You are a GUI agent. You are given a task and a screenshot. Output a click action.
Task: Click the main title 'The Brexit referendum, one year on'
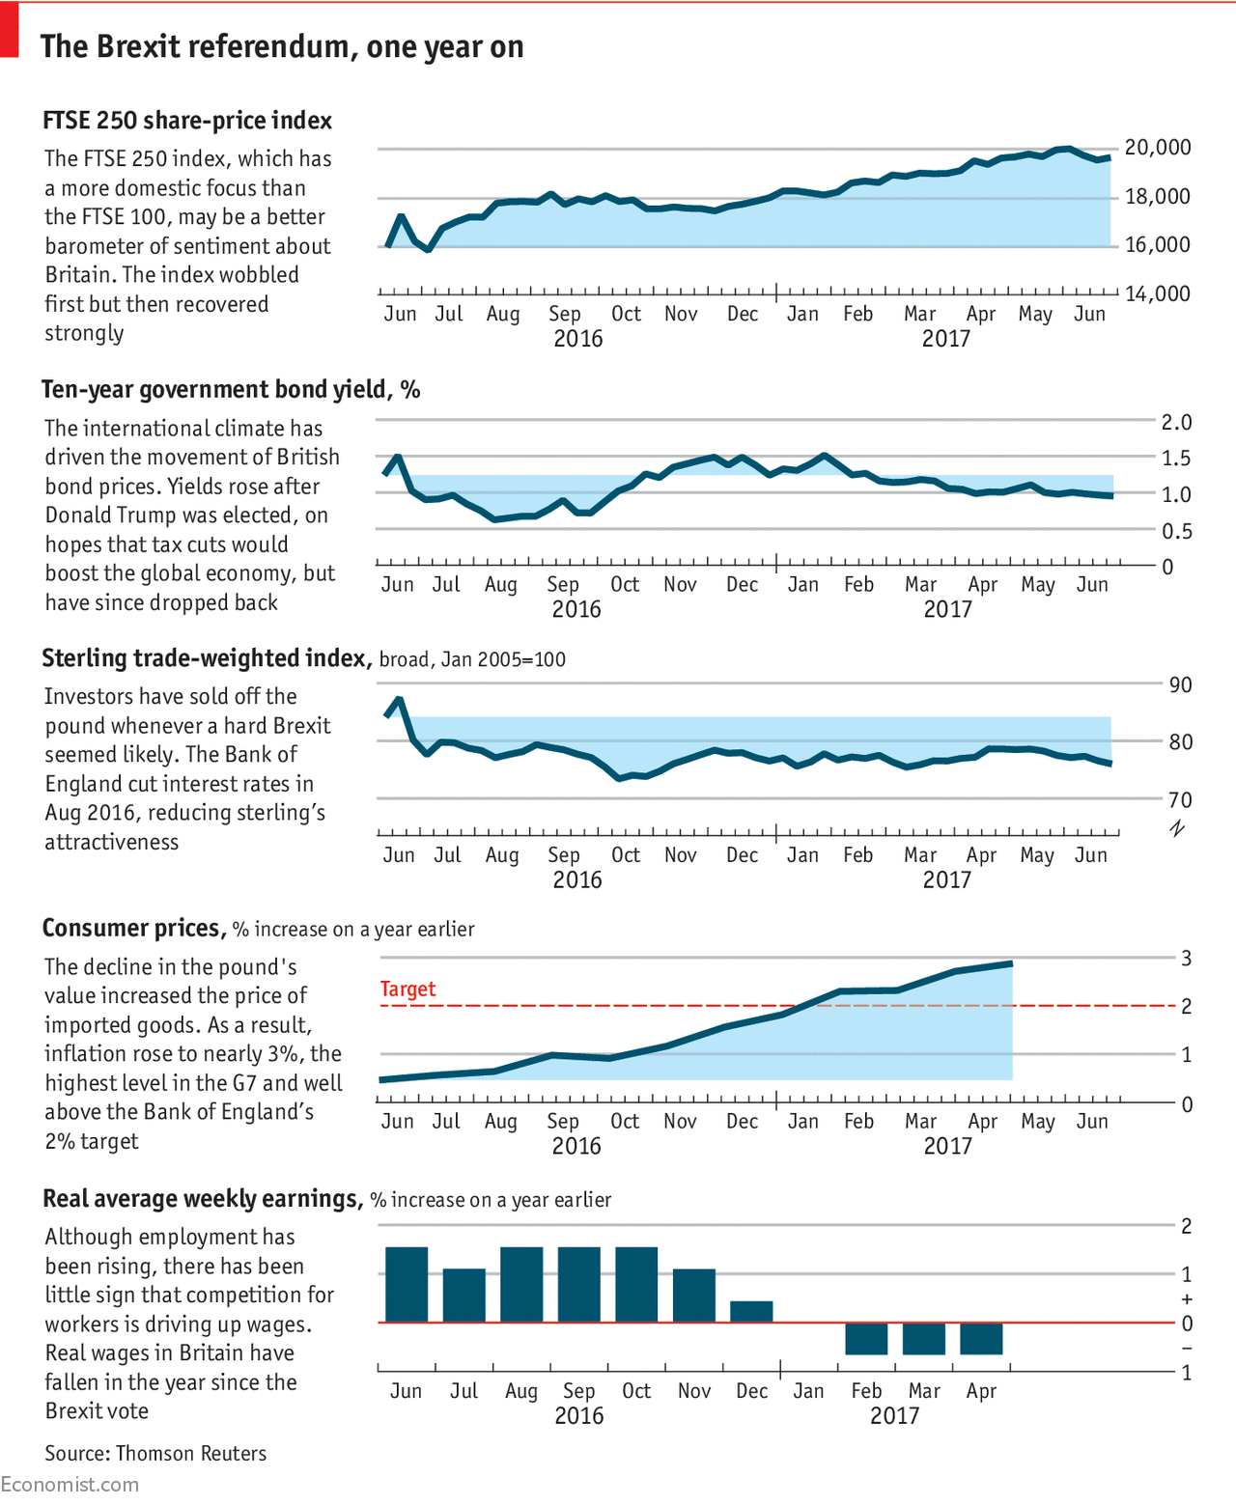(x=282, y=46)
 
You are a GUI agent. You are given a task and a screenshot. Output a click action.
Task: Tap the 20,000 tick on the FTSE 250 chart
(x=1158, y=148)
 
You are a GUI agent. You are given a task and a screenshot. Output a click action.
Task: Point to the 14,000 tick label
(x=1158, y=294)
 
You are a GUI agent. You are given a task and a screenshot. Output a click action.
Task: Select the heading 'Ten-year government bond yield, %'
(x=231, y=389)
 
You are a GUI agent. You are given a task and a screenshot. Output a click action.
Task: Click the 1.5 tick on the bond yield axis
(x=1176, y=459)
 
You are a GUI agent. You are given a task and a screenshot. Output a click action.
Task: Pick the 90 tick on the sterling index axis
(x=1180, y=685)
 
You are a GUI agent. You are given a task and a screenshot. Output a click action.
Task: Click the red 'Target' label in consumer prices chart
(x=407, y=989)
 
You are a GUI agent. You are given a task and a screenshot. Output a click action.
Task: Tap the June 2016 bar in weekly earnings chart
(x=407, y=1285)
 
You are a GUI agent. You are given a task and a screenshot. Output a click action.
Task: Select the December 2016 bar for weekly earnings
(x=751, y=1312)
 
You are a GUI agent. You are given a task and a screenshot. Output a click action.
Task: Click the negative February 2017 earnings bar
(x=866, y=1338)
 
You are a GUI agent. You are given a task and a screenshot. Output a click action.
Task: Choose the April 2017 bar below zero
(x=981, y=1338)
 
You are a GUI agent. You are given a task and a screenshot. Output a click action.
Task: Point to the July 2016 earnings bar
(x=463, y=1296)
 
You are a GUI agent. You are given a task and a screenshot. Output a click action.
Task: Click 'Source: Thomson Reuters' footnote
(x=155, y=1454)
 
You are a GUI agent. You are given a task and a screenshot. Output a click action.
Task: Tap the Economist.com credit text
(x=70, y=1485)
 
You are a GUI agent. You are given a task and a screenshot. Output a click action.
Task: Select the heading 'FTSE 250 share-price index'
(x=187, y=121)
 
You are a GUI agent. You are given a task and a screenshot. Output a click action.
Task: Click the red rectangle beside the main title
(x=9, y=30)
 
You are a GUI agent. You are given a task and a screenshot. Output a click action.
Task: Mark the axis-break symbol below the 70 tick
(x=1177, y=828)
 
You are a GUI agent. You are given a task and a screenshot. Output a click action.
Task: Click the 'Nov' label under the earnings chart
(x=694, y=1391)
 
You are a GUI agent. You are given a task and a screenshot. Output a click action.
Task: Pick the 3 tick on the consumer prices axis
(x=1187, y=959)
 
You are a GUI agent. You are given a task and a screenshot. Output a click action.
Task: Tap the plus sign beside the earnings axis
(x=1187, y=1299)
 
